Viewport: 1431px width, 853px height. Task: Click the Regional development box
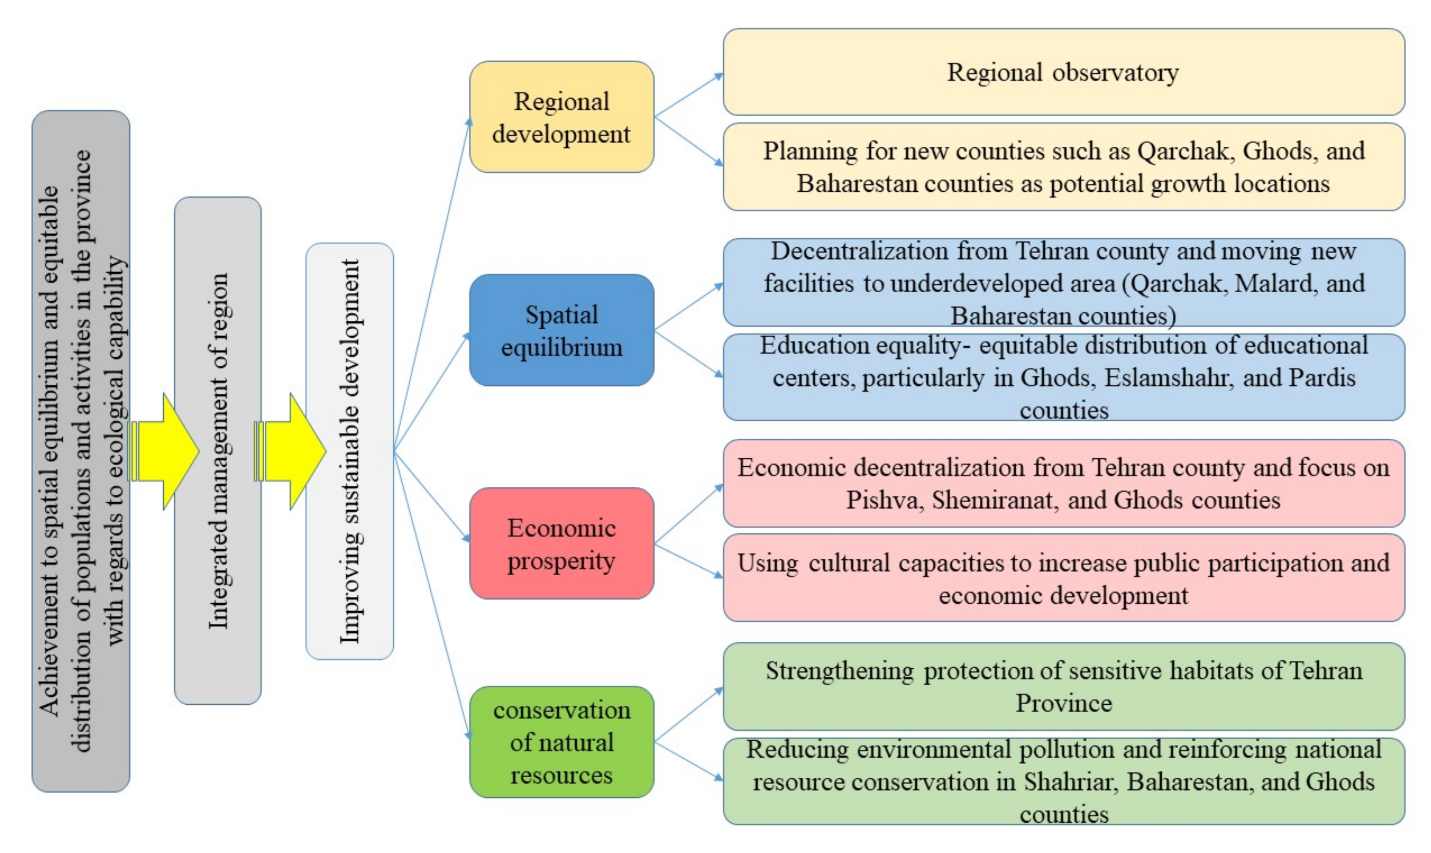click(562, 117)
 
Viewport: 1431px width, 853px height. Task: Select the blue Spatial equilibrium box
click(562, 330)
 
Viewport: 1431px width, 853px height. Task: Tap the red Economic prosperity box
click(562, 544)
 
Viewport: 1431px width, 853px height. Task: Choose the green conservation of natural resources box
click(562, 742)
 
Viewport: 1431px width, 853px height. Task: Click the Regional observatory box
click(1063, 72)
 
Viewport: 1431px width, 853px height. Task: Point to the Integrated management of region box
click(218, 451)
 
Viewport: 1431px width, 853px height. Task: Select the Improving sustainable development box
click(349, 451)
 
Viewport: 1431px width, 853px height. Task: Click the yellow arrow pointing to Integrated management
click(166, 452)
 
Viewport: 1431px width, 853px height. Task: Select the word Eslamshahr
click(1167, 378)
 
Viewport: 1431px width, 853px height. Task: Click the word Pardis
click(1323, 378)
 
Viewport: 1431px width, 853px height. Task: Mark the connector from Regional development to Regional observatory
click(688, 96)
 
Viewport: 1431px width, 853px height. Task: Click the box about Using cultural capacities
click(1063, 578)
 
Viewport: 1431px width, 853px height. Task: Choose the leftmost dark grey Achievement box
click(80, 451)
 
